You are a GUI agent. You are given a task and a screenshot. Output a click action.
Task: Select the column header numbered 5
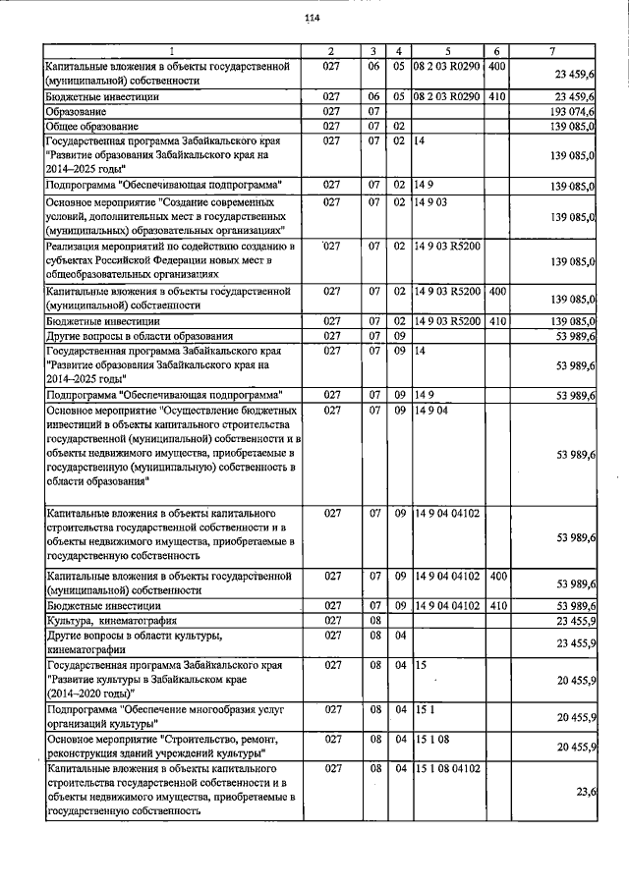click(x=447, y=50)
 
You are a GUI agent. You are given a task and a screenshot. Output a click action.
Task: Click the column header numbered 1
click(x=171, y=50)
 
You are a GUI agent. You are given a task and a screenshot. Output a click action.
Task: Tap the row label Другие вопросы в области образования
click(x=140, y=335)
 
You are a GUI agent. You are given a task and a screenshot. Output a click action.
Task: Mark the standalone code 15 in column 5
click(x=420, y=665)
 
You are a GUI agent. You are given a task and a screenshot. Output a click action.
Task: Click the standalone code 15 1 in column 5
click(x=424, y=707)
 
